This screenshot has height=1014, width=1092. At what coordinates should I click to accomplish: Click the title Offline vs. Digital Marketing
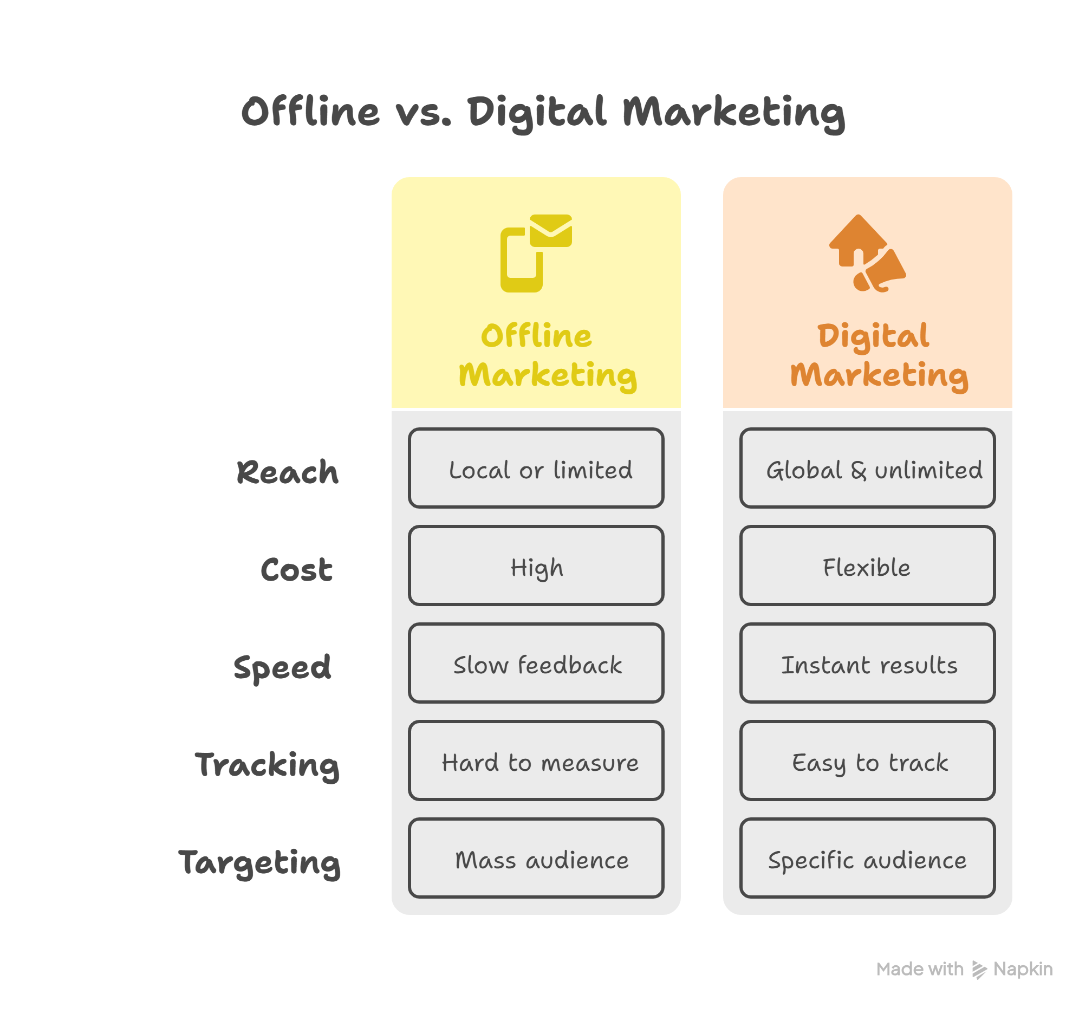point(543,113)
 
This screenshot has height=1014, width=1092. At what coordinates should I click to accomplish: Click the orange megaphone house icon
point(867,253)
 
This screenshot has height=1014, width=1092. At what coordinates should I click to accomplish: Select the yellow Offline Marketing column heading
point(547,356)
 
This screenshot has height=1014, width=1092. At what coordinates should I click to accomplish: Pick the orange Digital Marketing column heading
point(879,356)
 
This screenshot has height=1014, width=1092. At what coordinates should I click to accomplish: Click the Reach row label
point(287,472)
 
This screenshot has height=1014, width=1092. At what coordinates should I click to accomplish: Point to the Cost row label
point(296,569)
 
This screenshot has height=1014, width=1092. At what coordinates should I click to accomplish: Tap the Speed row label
point(282,668)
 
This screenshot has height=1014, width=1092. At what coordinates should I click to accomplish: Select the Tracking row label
point(267,765)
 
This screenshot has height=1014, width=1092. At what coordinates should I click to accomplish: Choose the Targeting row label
point(259,863)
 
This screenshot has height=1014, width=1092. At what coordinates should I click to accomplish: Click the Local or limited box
point(536,468)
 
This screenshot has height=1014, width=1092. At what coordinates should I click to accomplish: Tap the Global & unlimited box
point(867,468)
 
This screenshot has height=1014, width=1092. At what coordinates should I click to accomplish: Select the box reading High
point(536,565)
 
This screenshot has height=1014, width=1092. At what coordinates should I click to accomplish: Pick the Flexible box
point(867,565)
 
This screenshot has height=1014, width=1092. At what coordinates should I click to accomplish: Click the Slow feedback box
point(536,663)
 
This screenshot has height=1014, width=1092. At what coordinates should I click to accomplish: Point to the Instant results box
point(867,663)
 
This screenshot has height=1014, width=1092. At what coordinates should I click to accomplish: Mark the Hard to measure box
point(536,760)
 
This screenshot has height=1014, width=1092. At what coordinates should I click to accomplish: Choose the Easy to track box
point(867,760)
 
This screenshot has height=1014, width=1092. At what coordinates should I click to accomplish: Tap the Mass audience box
point(536,858)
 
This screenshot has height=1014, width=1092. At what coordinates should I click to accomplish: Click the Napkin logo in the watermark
point(979,970)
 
